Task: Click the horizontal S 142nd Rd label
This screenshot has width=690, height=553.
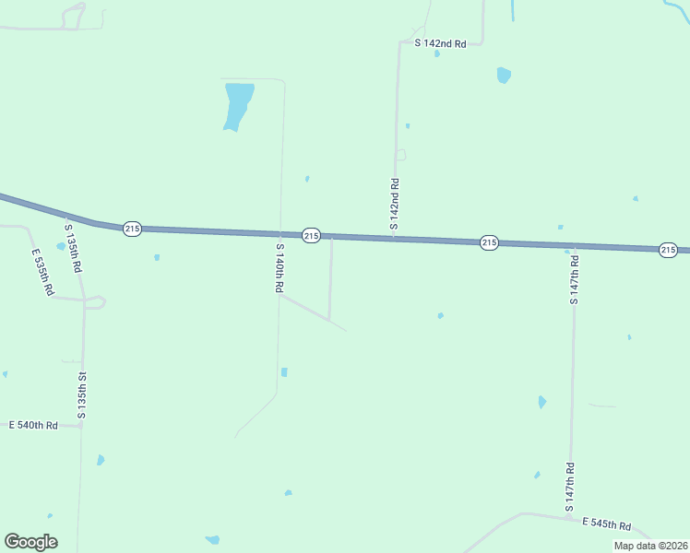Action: (440, 43)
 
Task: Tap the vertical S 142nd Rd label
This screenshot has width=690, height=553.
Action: (394, 204)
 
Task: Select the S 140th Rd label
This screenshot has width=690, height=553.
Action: (279, 268)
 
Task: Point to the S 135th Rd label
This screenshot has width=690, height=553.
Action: (73, 247)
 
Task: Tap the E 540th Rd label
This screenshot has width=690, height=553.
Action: (33, 425)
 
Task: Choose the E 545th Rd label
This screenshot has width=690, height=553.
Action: (606, 524)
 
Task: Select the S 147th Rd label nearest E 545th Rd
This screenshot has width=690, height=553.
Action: (571, 487)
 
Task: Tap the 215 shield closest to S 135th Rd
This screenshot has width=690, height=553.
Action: (132, 229)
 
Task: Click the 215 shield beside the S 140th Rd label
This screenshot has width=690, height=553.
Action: (311, 236)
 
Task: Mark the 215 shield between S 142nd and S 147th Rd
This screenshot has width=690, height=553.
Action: (489, 242)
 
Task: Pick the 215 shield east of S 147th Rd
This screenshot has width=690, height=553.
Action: (669, 250)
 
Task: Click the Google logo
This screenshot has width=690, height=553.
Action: (30, 542)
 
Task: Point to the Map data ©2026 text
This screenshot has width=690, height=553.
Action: (649, 546)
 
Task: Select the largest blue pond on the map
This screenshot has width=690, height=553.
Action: (237, 105)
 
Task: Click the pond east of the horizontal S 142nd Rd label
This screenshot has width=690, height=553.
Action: (503, 75)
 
